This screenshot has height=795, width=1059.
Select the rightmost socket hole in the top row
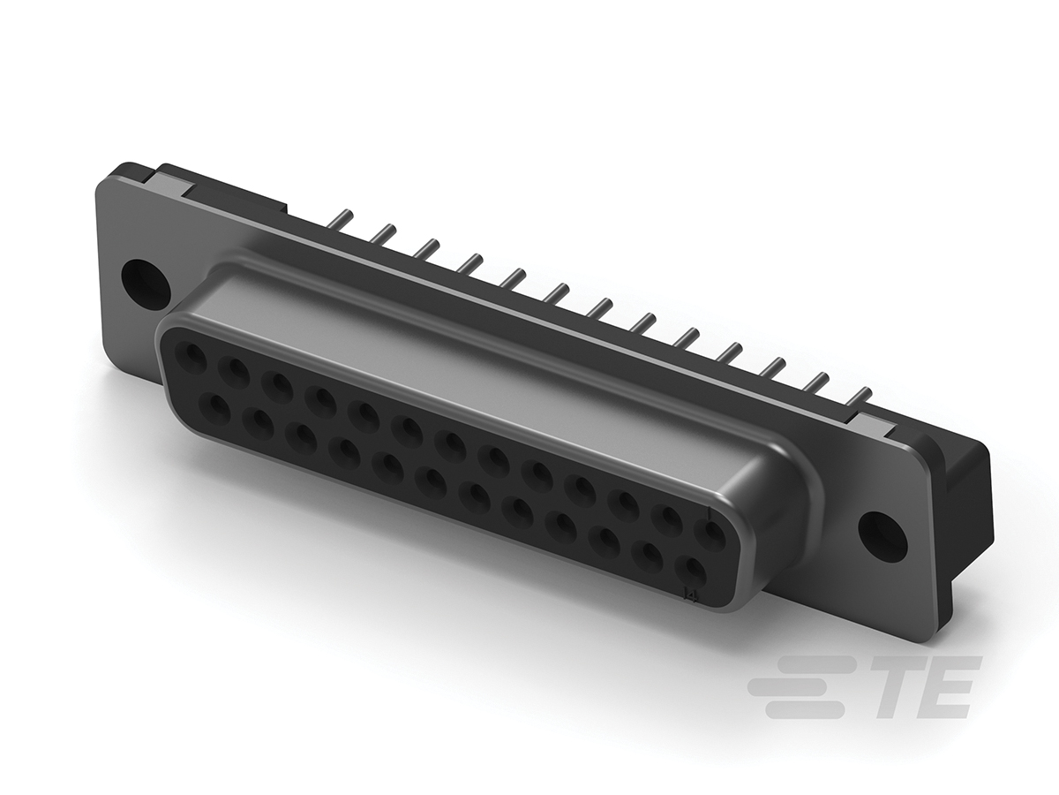tap(710, 533)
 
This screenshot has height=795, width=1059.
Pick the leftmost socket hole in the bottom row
tap(215, 408)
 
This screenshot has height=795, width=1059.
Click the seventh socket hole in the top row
tap(451, 445)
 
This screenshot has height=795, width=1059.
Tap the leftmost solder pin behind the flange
tap(343, 216)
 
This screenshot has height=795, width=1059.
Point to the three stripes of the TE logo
tap(799, 686)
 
